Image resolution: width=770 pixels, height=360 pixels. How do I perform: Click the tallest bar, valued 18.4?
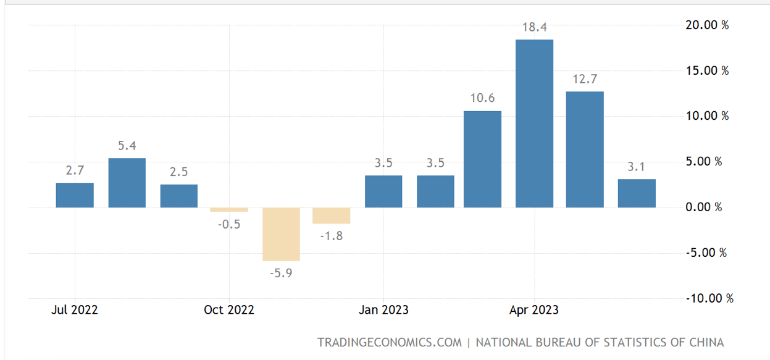coord(534,123)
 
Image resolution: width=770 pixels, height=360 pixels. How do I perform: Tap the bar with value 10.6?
coord(482,159)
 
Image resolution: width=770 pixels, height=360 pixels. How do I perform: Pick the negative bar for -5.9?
coord(281,234)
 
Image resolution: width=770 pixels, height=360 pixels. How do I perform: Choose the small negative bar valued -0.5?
coord(229,209)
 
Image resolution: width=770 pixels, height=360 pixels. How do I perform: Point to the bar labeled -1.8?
coord(332,216)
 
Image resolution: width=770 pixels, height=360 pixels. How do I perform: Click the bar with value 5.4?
coord(127,183)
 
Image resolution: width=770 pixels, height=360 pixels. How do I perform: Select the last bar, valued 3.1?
coord(637,193)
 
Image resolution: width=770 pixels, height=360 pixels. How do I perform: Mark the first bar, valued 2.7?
coord(75,195)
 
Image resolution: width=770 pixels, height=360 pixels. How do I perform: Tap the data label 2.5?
coord(179,172)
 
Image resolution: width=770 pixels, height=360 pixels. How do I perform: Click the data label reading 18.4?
coord(535,27)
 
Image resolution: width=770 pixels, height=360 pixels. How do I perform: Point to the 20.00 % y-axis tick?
coord(707,25)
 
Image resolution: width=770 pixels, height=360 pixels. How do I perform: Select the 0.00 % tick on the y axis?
coord(703,207)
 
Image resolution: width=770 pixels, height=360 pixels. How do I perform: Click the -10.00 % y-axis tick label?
coord(709,299)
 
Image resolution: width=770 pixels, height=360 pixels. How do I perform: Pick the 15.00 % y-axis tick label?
coord(707,71)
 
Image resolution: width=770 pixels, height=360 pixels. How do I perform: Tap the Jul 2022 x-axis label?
coord(74,309)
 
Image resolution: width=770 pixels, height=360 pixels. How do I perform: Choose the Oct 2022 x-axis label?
coord(228,309)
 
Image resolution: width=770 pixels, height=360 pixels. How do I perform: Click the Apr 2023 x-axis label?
coord(534,309)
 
